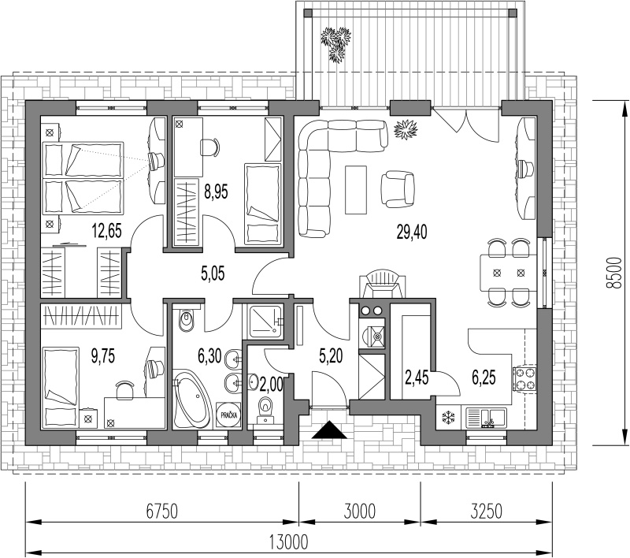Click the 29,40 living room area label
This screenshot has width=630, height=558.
pos(412,232)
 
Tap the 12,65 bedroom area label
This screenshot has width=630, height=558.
pos(106,231)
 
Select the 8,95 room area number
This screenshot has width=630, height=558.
pos(216,192)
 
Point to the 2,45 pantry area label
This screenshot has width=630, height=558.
pos(417,378)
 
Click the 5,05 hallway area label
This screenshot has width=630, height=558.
pos(213,273)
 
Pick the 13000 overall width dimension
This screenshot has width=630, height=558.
pos(288,542)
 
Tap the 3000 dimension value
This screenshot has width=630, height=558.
pos(360,511)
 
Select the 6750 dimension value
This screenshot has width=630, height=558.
pos(161,511)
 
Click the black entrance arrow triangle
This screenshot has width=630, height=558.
pos(329,430)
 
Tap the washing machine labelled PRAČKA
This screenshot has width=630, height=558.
pos(228,415)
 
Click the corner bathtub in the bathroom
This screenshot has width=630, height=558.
pos(191,400)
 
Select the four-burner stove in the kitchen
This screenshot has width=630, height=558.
pos(524,378)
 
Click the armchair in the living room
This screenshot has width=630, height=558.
pos(398,189)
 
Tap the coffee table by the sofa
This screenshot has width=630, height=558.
pos(356,190)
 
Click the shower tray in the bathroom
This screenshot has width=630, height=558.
pos(265,322)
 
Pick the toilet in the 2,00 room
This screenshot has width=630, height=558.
pos(265,409)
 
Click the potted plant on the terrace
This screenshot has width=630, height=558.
pos(335,43)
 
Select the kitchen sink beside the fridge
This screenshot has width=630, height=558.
pos(486,418)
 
